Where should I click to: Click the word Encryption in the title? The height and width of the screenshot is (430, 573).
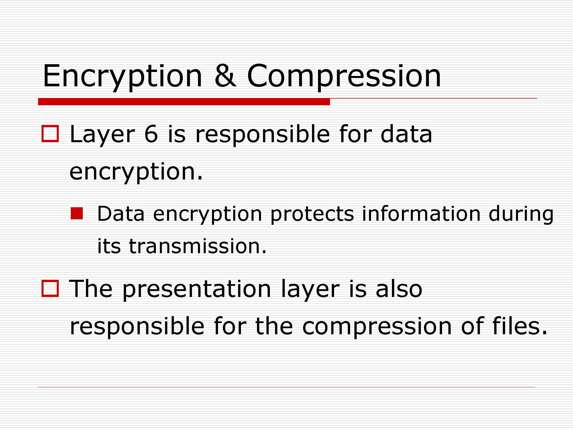123,77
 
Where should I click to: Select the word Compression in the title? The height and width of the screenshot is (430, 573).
344,77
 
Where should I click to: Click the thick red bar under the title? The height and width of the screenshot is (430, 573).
184,102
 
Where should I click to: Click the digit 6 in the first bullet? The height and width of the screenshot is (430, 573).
151,134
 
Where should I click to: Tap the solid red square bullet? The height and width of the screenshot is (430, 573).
77,214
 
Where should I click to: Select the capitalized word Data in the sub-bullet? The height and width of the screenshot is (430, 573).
121,214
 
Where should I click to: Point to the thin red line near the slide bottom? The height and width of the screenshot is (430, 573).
286,387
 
